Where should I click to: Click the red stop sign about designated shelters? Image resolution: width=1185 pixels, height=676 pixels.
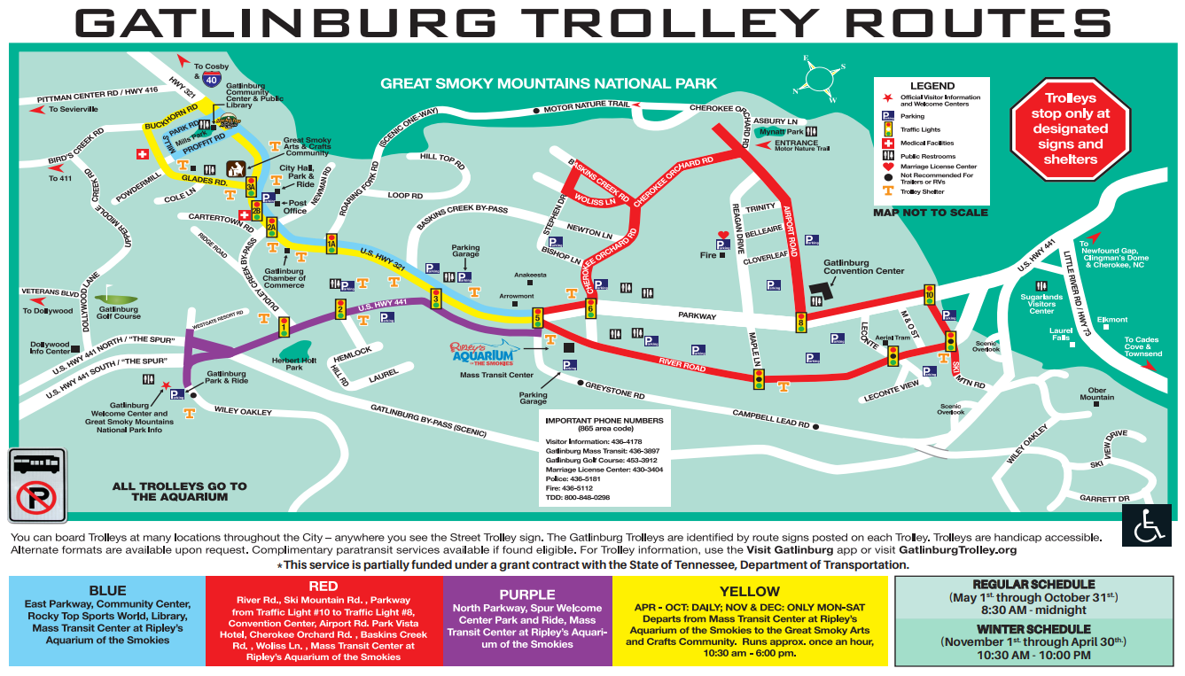pos(1071,128)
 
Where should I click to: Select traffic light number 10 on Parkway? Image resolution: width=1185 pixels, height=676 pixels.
pos(929,293)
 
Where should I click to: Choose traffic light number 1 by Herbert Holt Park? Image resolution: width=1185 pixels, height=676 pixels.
pos(285,327)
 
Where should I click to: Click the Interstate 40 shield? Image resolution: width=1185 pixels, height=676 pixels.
pos(211,79)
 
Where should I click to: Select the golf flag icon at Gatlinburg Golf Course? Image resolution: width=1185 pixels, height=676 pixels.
pos(109,293)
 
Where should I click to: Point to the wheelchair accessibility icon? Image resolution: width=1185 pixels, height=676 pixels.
pos(1150,526)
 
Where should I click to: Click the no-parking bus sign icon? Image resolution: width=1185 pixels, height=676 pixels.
pos(36,486)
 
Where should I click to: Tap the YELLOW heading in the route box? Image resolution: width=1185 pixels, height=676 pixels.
pos(750,591)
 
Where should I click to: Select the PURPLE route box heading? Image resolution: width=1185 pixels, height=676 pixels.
pos(527,594)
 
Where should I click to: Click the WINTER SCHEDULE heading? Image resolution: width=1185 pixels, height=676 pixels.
pos(1033,628)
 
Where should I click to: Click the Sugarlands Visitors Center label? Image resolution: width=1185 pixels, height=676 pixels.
pos(1041,304)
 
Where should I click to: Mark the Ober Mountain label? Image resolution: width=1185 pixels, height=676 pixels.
pos(1096,392)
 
